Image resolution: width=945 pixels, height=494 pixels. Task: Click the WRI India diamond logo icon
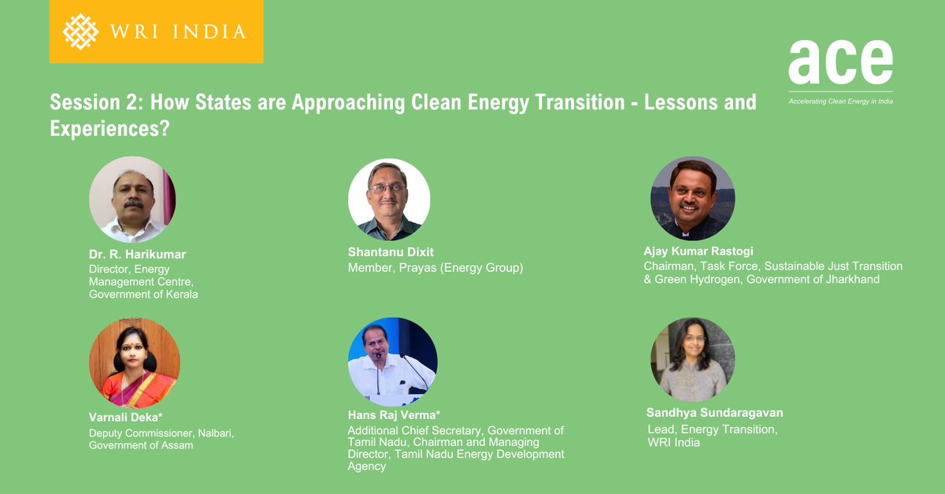point(80,32)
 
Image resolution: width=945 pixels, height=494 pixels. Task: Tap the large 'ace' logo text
point(840,62)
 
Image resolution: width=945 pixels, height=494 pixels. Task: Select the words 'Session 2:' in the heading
point(96,102)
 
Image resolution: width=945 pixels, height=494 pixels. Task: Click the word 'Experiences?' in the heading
point(110,128)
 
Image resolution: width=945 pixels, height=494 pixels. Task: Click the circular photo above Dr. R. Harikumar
point(132,199)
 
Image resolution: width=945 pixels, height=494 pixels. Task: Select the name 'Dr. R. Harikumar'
point(137,254)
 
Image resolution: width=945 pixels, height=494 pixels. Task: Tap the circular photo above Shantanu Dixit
point(389,199)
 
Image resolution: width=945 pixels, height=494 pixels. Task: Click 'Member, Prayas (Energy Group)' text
point(435,268)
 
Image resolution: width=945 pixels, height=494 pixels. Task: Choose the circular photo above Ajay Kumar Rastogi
point(692,198)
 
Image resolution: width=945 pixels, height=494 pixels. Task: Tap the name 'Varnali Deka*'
point(126,417)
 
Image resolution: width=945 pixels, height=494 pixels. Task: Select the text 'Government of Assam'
point(141,445)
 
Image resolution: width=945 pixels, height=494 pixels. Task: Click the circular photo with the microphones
point(391,362)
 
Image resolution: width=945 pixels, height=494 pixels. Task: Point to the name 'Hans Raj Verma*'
point(394,414)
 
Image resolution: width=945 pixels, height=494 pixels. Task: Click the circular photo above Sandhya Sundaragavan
point(692,359)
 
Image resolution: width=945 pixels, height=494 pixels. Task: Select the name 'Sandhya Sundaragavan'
point(714,413)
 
